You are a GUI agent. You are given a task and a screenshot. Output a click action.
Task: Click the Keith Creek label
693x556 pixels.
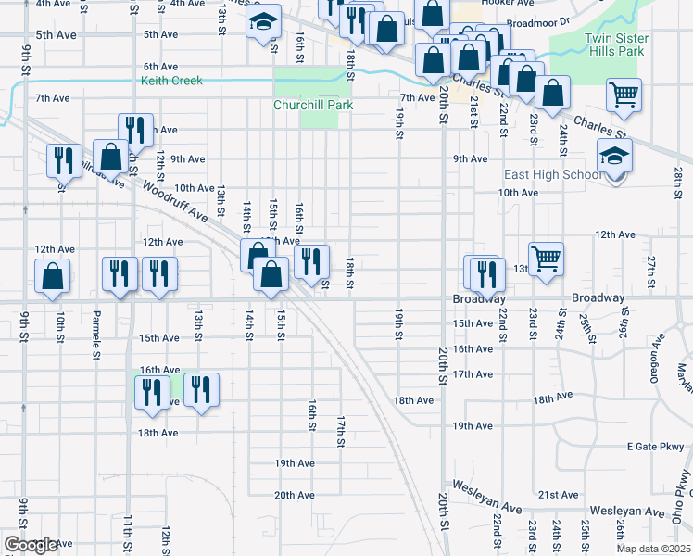pos(171,82)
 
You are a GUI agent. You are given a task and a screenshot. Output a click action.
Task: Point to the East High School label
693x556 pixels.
pos(552,175)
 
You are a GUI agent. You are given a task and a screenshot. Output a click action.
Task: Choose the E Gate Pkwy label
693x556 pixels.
pos(653,446)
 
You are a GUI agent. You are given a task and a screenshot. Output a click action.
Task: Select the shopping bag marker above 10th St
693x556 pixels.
pos(53,276)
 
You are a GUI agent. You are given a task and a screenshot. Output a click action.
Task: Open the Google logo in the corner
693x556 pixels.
pos(31,544)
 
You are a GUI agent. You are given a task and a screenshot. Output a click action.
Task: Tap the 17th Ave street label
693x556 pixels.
pos(472,373)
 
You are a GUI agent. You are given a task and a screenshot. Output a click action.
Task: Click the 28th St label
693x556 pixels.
pos(678,176)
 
